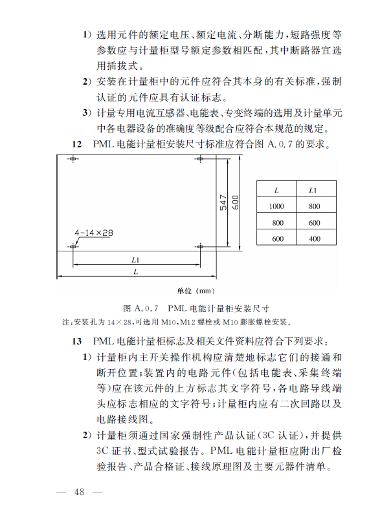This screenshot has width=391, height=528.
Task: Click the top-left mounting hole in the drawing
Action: pyautogui.click(x=73, y=158)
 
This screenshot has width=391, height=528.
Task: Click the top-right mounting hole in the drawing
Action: pyautogui.click(x=199, y=158)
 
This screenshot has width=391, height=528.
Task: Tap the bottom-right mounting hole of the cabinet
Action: pyautogui.click(x=199, y=246)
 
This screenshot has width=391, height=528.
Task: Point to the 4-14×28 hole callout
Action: pyautogui.click(x=94, y=233)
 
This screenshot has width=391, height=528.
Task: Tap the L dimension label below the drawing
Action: pyautogui.click(x=136, y=273)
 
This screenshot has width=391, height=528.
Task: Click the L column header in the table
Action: pyautogui.click(x=276, y=190)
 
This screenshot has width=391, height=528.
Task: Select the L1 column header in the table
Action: pyautogui.click(x=315, y=190)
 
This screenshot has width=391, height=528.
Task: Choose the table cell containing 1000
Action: pyautogui.click(x=276, y=206)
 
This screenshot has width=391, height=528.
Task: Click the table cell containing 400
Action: pyautogui.click(x=315, y=238)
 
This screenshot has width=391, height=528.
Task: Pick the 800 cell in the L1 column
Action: pyautogui.click(x=315, y=206)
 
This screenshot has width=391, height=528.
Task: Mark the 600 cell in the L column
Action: pyautogui.click(x=276, y=238)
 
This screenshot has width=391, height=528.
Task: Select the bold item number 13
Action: pyautogui.click(x=76, y=341)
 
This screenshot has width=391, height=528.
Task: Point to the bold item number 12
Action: pyautogui.click(x=76, y=143)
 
